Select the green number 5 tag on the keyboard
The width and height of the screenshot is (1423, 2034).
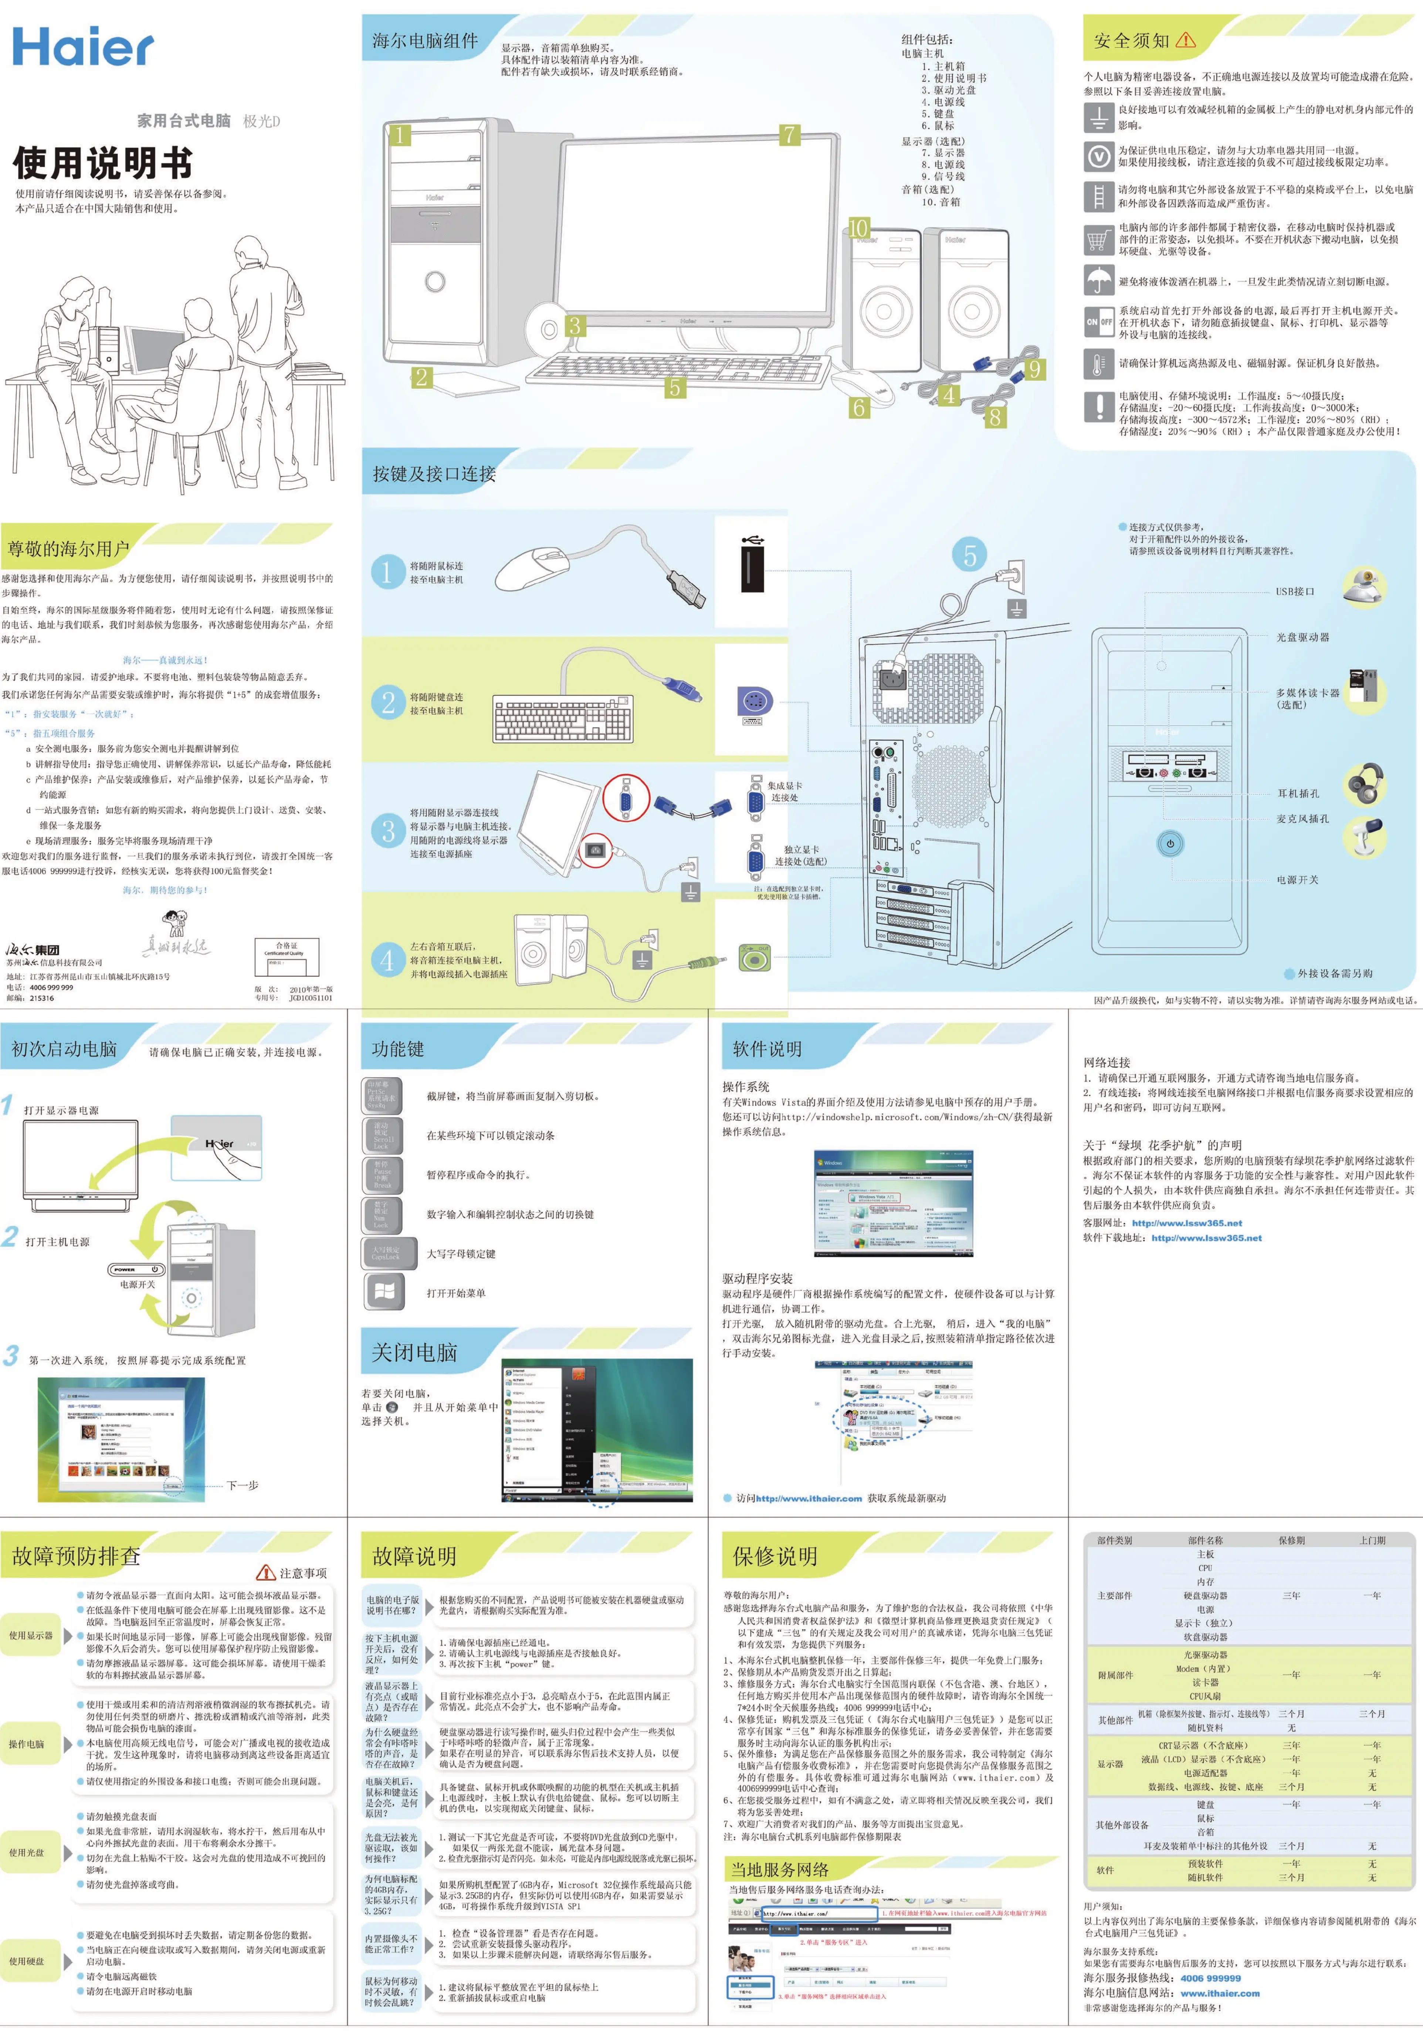675,387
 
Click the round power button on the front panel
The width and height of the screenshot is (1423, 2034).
1170,843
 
